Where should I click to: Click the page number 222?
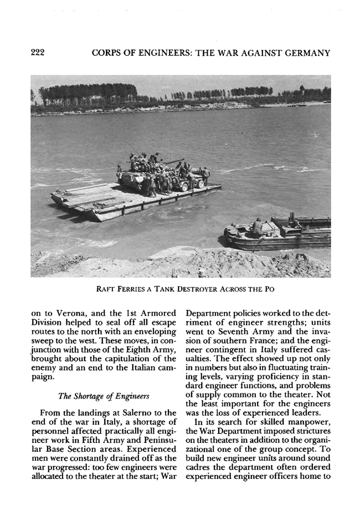[37, 53]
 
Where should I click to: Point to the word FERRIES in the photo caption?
[129, 289]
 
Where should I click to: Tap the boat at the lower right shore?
[277, 233]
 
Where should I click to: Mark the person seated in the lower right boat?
[258, 226]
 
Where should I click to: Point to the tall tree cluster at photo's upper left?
[89, 92]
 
